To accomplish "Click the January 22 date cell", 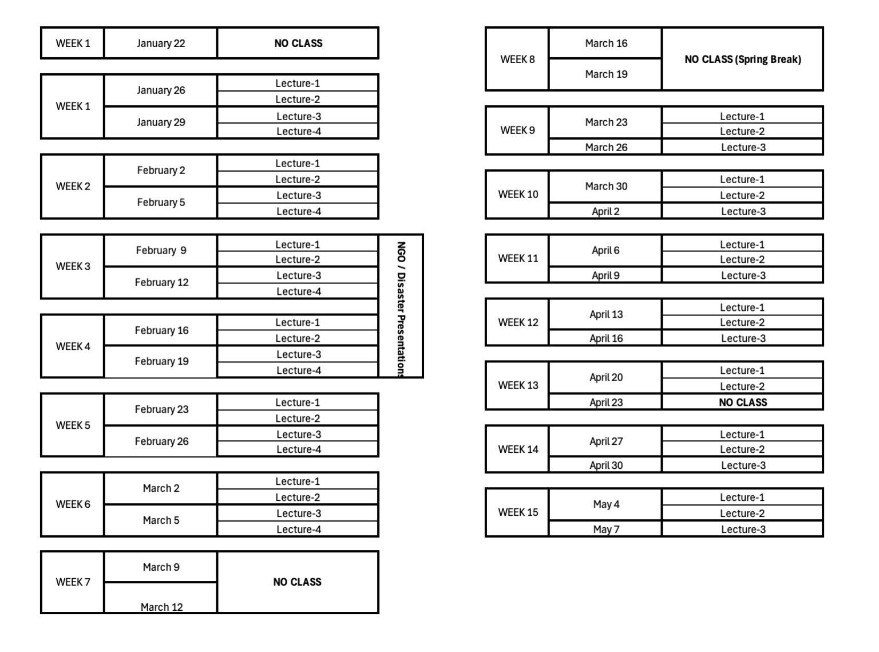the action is [161, 44].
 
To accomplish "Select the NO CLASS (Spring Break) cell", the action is [743, 59].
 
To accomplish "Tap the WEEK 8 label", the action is [517, 59].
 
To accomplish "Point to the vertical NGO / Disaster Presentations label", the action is [401, 309].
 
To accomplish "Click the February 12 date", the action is [162, 282].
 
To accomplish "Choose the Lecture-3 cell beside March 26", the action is [743, 147].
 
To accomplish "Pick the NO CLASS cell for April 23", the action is [743, 402].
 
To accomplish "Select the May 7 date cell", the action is [606, 529].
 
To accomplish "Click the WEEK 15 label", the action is [518, 512].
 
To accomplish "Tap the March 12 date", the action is [162, 607].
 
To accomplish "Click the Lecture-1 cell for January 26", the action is [298, 83].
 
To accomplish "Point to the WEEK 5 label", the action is [73, 425].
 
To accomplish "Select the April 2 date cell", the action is [606, 211].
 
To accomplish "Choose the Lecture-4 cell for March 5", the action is [298, 529].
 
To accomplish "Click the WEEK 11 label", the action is [518, 259].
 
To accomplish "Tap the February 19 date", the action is [162, 361].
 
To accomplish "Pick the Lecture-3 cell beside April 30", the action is [743, 465].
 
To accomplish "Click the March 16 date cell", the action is [606, 44].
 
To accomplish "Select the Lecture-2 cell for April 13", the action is [743, 322].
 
